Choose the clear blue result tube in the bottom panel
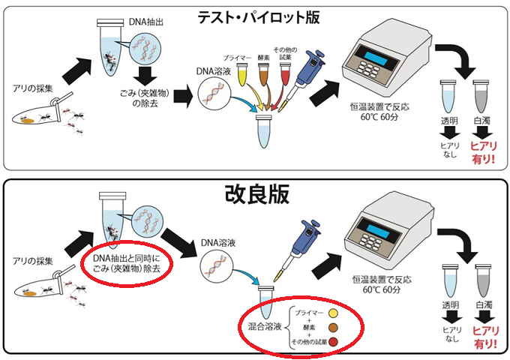[x=450, y=285]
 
